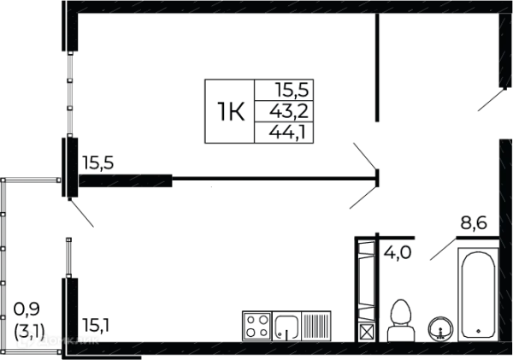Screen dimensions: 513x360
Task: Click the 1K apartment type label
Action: click(x=231, y=112)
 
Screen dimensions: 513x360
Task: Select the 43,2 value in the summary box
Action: click(x=289, y=112)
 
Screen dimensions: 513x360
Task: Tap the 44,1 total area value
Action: click(x=287, y=133)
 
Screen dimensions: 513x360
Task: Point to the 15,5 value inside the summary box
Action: click(x=292, y=90)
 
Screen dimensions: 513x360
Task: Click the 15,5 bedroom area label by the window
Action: click(x=97, y=162)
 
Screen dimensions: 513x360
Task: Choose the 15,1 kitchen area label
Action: click(x=96, y=325)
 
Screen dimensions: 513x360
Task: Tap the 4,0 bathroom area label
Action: click(x=398, y=252)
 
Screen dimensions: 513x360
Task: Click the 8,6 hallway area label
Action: click(x=474, y=223)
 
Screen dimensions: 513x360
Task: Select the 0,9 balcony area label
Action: click(x=27, y=309)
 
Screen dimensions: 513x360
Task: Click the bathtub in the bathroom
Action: click(x=478, y=294)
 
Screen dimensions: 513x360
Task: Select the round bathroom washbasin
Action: click(x=440, y=328)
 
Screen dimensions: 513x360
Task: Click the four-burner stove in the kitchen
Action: click(x=257, y=326)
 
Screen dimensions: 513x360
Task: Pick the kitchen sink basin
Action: click(x=286, y=326)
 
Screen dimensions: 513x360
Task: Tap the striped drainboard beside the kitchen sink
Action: click(x=316, y=326)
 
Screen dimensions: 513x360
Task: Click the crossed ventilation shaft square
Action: click(x=366, y=332)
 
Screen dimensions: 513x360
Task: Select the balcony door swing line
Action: click(x=82, y=214)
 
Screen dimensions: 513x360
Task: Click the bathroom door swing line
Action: click(x=443, y=249)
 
